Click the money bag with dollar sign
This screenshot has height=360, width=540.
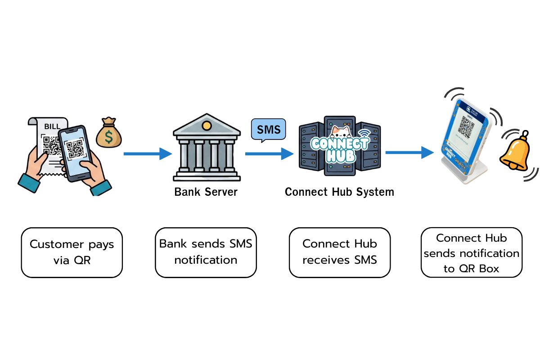pyautogui.click(x=108, y=133)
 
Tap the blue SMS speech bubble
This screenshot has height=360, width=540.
pyautogui.click(x=268, y=130)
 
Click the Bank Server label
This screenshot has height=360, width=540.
pyautogui.click(x=206, y=192)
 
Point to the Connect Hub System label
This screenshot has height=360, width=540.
pyautogui.click(x=339, y=192)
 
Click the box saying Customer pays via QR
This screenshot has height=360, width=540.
pyautogui.click(x=72, y=252)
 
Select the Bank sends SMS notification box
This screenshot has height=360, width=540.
pyautogui.click(x=206, y=252)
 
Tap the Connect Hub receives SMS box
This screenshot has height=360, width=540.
pyautogui.click(x=339, y=252)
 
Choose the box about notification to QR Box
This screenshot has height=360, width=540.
pyautogui.click(x=471, y=252)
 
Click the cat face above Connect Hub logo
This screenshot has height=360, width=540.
pyautogui.click(x=342, y=131)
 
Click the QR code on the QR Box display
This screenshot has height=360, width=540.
pyautogui.click(x=470, y=127)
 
